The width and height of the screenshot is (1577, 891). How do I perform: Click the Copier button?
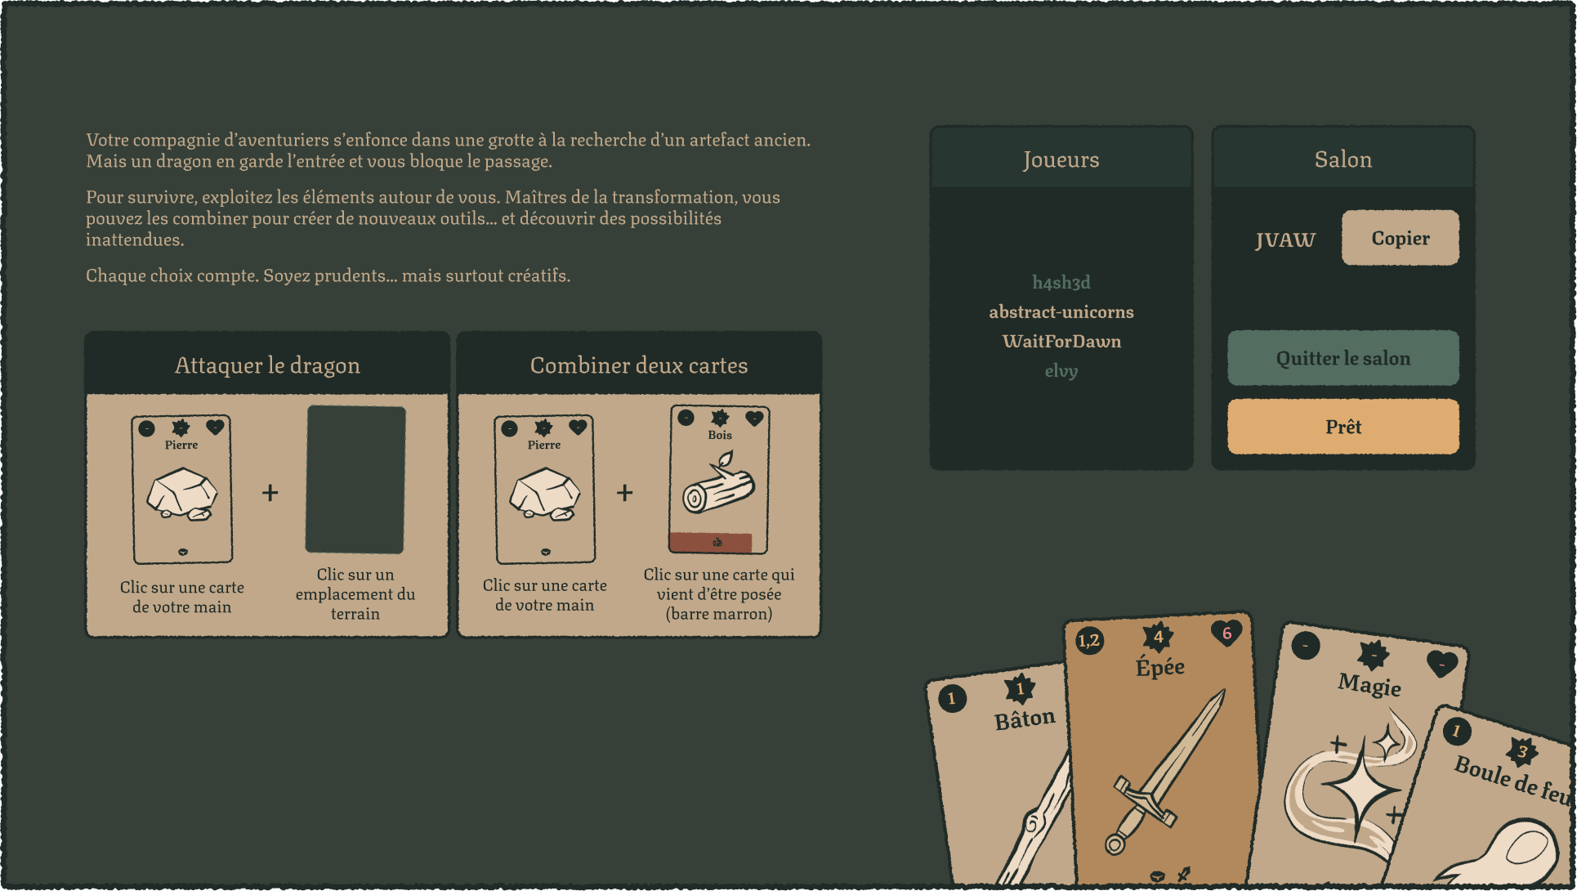pos(1400,238)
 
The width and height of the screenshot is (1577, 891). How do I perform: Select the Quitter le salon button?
pos(1343,358)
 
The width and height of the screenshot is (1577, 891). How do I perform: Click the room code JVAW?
pos(1285,240)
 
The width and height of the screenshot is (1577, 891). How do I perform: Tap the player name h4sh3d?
pos(1061,283)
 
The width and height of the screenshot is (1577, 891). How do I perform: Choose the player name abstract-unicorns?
pos(1061,312)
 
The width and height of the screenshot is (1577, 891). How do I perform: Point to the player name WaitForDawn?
pos(1061,342)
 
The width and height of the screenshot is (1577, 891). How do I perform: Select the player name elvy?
pos(1061,371)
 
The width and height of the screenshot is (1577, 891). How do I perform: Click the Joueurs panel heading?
pos(1061,159)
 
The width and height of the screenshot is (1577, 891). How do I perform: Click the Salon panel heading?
pos(1343,159)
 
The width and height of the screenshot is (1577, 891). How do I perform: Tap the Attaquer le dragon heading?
pos(267,365)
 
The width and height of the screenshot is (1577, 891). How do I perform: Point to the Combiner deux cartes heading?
pos(639,365)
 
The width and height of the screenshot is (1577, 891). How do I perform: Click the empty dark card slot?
pos(355,480)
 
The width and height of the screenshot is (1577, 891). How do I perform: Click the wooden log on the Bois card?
pos(719,486)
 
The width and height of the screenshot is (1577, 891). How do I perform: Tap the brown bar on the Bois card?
pos(710,542)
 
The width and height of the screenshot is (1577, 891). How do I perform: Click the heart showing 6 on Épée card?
pos(1226,633)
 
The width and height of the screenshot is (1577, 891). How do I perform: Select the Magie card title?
pos(1369,684)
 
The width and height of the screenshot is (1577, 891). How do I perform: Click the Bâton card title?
pos(1025,719)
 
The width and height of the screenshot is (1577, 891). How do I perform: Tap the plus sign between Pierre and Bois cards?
pos(625,493)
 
